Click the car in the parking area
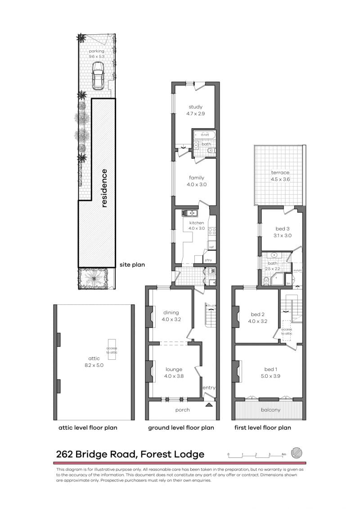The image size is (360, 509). [98, 76]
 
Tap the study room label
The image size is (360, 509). [195, 107]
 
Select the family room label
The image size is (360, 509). [196, 178]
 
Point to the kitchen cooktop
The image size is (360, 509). [212, 232]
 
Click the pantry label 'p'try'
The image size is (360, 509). [208, 260]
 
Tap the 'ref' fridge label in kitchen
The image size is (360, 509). [211, 247]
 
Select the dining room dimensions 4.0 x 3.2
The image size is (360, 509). [171, 321]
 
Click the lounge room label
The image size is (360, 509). [174, 370]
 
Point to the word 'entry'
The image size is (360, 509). [209, 388]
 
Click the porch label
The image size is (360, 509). [182, 410]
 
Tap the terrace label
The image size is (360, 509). [280, 173]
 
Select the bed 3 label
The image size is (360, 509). [283, 229]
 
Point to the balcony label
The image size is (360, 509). [270, 410]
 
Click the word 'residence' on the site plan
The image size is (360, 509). [104, 188]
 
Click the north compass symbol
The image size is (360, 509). [297, 452]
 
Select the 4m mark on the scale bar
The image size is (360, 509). [284, 455]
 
